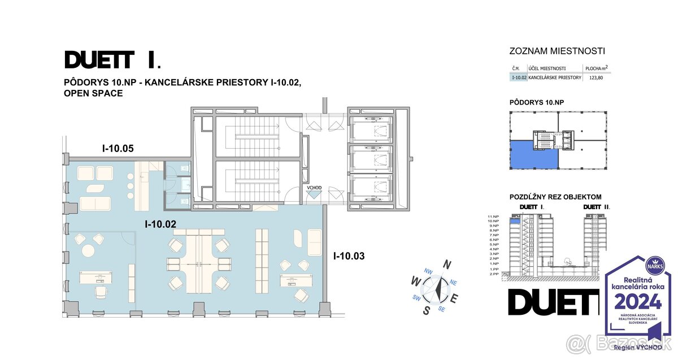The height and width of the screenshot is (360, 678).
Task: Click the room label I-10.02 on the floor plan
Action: click(160, 224)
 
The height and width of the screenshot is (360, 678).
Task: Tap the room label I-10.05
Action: click(118, 149)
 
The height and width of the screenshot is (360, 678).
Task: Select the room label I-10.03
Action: click(349, 256)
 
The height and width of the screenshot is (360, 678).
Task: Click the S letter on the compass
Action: click(427, 310)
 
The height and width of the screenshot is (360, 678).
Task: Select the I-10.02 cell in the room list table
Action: click(518, 77)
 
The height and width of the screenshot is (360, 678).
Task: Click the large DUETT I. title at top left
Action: click(112, 59)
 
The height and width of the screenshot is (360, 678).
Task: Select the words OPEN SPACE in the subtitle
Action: click(93, 93)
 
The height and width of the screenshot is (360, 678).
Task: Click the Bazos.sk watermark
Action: click(618, 342)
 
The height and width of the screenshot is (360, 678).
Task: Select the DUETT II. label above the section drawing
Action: click(597, 207)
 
